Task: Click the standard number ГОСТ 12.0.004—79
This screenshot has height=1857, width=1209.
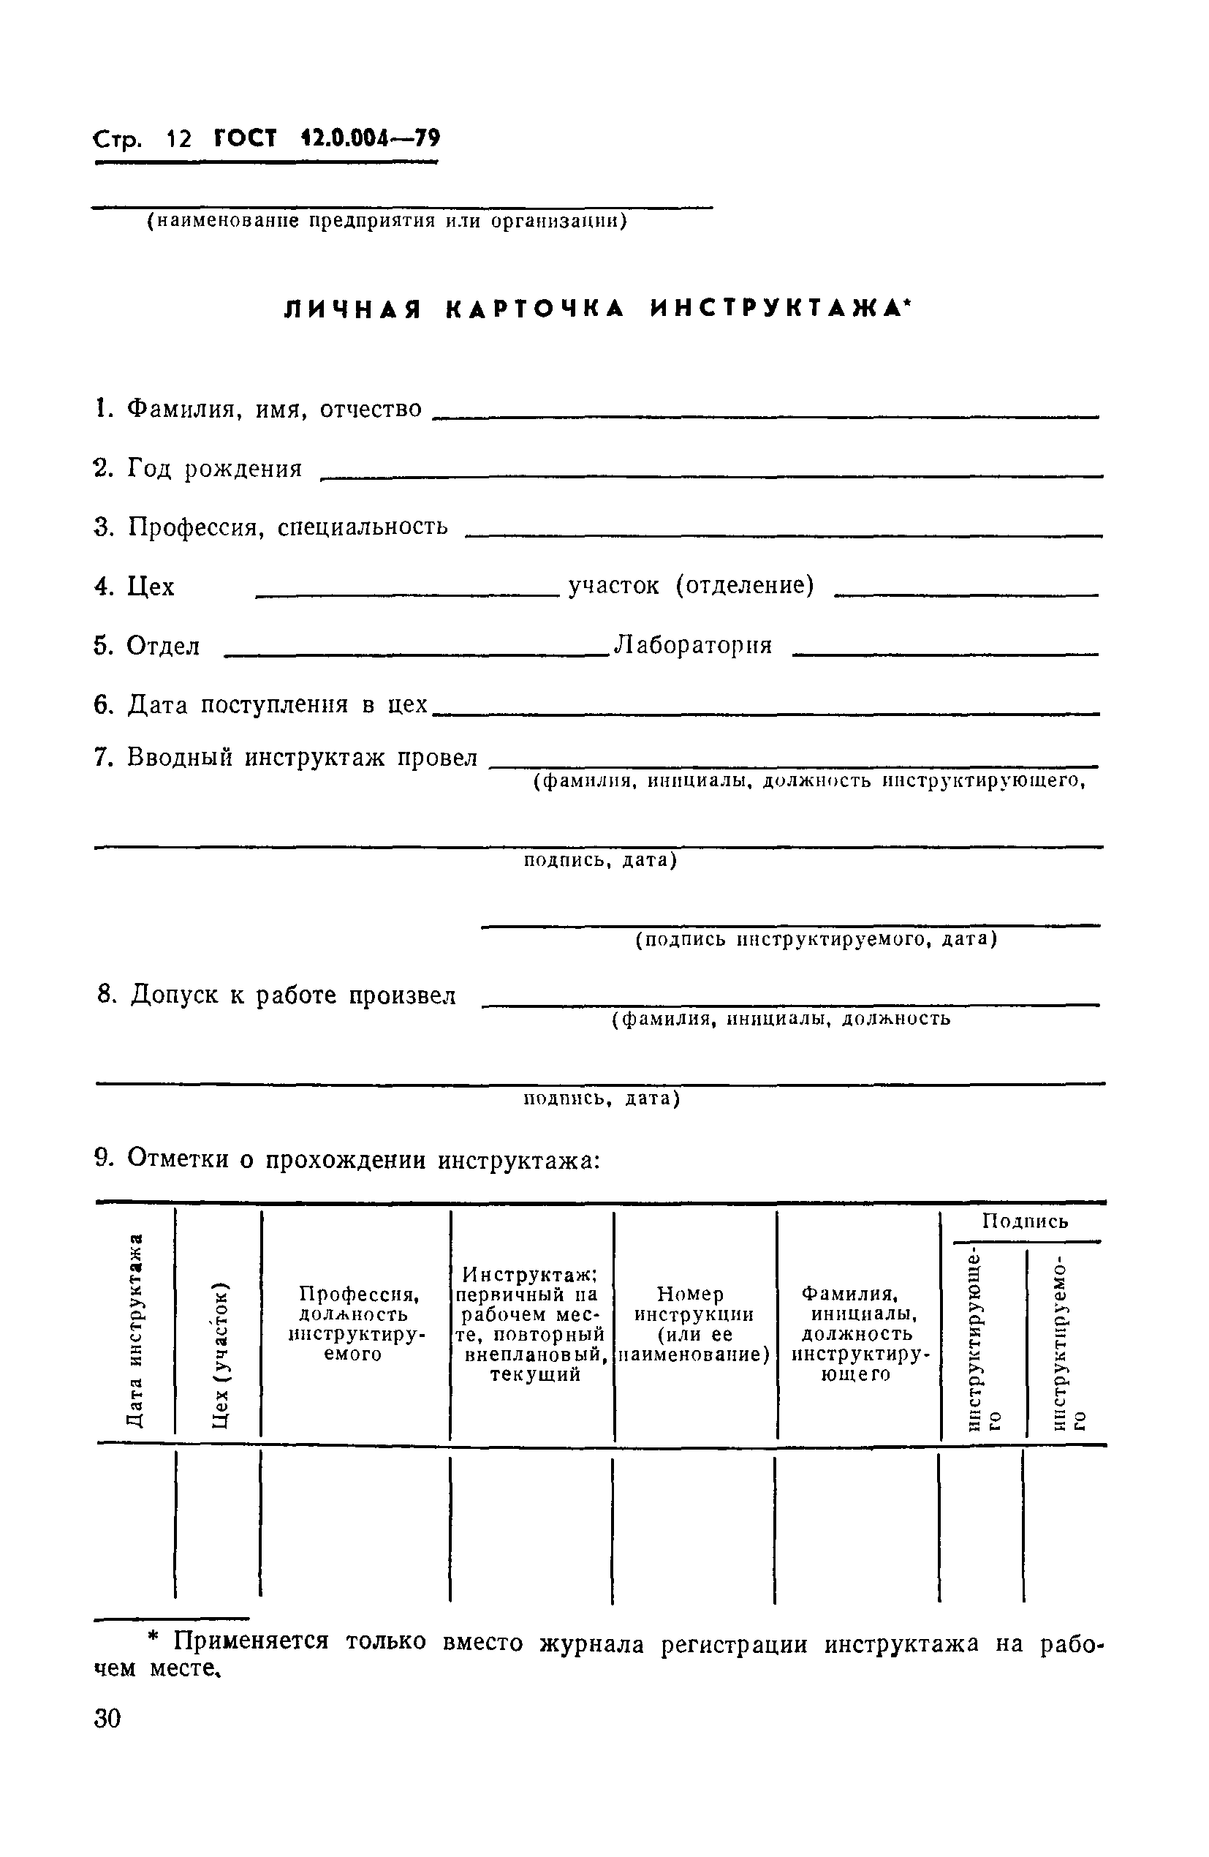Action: point(327,139)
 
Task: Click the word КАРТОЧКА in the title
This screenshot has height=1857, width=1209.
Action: point(535,310)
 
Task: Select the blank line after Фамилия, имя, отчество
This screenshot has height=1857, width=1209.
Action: point(765,416)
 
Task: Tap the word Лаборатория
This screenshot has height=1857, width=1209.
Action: point(694,645)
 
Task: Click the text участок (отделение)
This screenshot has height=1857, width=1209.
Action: point(691,585)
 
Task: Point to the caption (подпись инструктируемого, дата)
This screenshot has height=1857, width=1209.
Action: point(816,938)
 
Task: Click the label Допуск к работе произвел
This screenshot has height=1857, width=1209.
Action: point(277,995)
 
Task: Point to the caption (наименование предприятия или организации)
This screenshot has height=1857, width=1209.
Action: point(387,222)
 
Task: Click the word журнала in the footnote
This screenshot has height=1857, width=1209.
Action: point(592,1644)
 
